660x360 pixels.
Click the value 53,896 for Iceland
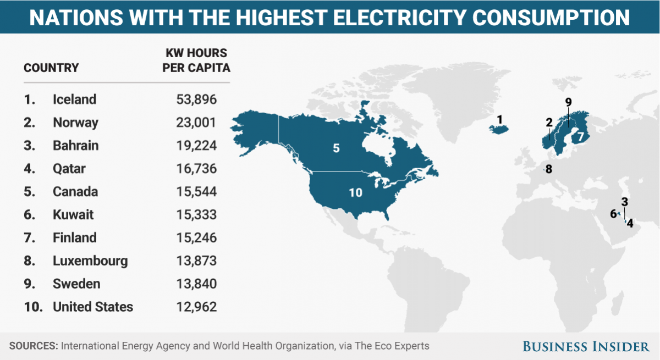pos(196,99)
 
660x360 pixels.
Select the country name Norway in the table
pos(75,123)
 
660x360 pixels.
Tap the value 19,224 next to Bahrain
pos(196,146)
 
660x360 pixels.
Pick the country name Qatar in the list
pos(69,169)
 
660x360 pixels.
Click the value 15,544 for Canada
pos(196,192)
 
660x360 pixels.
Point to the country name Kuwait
pos(73,215)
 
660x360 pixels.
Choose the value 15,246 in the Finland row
pos(196,238)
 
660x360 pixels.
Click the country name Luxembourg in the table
pos(90,261)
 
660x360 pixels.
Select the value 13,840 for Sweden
pos(196,284)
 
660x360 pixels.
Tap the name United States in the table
pos(93,307)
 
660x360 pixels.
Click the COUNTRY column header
pos(51,68)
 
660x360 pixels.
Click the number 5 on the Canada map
pos(336,148)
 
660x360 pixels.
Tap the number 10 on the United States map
pos(355,192)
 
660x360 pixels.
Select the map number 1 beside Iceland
pos(499,119)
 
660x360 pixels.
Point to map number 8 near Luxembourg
pos(548,169)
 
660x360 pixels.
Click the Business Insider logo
pos(586,346)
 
